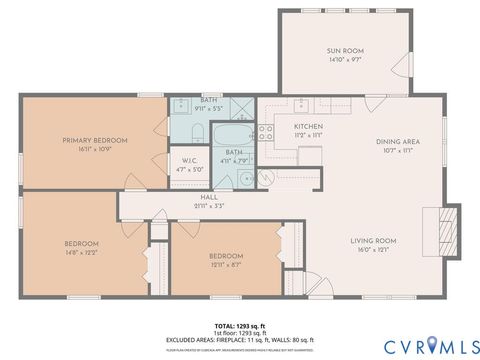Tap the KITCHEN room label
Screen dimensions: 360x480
tap(307, 126)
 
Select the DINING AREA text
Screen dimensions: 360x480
tap(397, 141)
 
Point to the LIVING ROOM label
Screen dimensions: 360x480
tap(373, 241)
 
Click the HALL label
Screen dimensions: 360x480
tap(208, 198)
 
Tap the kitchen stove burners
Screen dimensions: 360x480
tap(267, 129)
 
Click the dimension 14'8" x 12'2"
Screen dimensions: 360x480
tap(82, 253)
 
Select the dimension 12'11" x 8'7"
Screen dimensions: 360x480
tap(225, 264)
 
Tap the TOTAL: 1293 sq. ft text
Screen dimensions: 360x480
tap(239, 325)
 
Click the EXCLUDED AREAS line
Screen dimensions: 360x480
tap(239, 339)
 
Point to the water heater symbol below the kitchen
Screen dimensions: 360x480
tap(270, 178)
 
